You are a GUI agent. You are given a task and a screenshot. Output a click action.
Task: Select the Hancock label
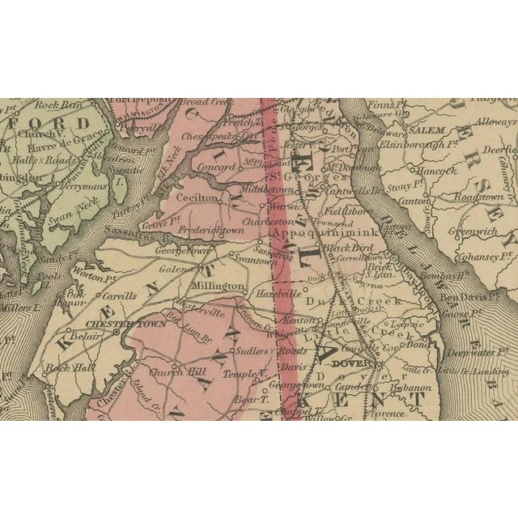click(439, 171)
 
